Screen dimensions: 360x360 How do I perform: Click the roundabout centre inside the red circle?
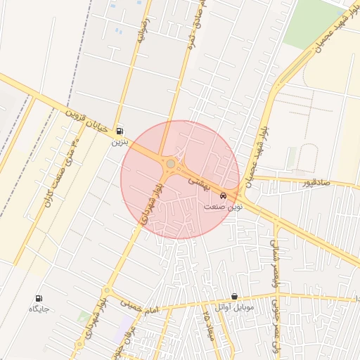pyautogui.click(x=171, y=164)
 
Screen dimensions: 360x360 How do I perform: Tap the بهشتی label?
pyautogui.click(x=197, y=181)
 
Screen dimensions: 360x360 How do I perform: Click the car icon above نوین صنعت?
pyautogui.click(x=223, y=195)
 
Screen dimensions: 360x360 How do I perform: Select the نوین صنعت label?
pyautogui.click(x=223, y=207)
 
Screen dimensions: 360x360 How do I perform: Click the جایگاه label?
pyautogui.click(x=38, y=309)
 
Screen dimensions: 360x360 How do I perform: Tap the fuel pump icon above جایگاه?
pyautogui.click(x=38, y=298)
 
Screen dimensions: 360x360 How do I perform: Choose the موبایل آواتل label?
pyautogui.click(x=234, y=307)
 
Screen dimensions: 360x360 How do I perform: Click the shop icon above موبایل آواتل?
pyautogui.click(x=234, y=297)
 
